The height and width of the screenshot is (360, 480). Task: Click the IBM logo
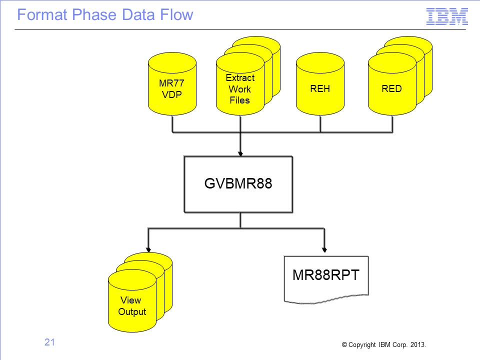[447, 16]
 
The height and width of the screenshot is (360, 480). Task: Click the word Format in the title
[42, 14]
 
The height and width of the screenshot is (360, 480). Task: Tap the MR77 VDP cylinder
[172, 83]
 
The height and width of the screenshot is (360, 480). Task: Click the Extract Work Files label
[240, 89]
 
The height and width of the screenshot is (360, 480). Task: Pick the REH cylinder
[320, 83]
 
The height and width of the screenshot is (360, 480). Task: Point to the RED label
[391, 89]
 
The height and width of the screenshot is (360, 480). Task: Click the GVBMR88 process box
[238, 184]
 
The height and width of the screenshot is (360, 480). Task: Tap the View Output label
[132, 306]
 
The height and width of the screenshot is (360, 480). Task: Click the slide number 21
[49, 342]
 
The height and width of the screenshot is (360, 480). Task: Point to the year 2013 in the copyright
[418, 344]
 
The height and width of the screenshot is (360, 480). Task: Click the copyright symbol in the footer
[344, 344]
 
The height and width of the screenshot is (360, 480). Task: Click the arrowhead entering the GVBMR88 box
[240, 153]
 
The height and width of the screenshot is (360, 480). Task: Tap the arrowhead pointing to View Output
[148, 250]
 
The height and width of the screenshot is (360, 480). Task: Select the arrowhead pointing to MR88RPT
[324, 250]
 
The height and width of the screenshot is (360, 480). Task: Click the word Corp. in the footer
[400, 345]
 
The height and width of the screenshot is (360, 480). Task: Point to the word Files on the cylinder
[239, 100]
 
